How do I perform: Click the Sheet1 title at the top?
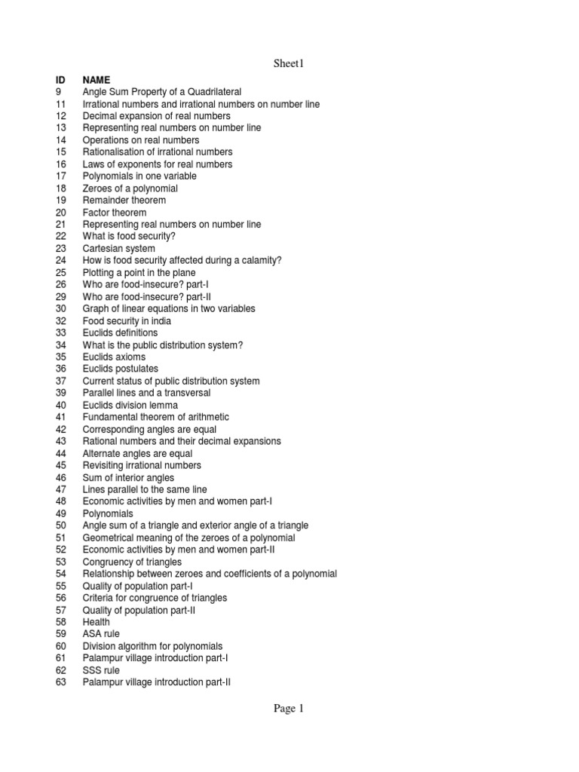click(x=288, y=64)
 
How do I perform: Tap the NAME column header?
click(x=96, y=79)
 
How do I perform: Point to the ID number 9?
click(x=59, y=91)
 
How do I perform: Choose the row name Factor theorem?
click(x=115, y=212)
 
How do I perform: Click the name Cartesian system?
click(x=119, y=248)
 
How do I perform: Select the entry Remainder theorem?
click(x=124, y=200)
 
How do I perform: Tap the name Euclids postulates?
click(x=121, y=369)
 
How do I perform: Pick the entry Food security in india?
click(x=126, y=320)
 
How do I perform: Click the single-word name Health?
click(x=96, y=622)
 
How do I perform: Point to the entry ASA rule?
click(x=101, y=634)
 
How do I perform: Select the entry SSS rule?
click(x=101, y=670)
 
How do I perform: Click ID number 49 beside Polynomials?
click(x=61, y=513)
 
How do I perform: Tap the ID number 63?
click(x=61, y=682)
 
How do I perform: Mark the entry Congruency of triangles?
click(x=132, y=562)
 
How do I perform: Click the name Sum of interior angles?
click(x=128, y=477)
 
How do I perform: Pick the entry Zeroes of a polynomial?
click(x=130, y=188)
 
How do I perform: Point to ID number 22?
click(x=61, y=236)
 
